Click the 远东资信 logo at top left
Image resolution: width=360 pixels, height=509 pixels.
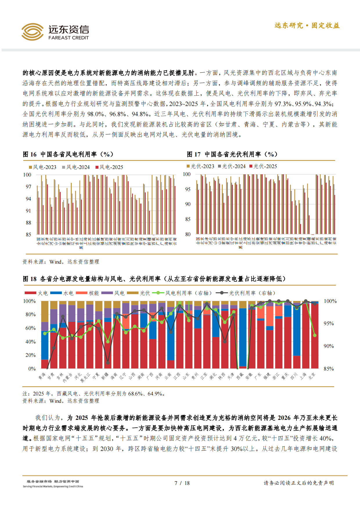[55, 32]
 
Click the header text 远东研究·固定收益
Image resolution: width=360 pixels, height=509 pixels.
[307, 26]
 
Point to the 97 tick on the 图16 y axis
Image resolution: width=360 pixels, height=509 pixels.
[28, 187]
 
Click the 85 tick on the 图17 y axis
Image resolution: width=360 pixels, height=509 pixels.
[188, 219]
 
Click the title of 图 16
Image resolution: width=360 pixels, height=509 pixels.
[68, 154]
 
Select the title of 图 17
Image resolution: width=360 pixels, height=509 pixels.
[232, 154]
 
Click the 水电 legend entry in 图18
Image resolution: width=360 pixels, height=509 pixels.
[62, 293]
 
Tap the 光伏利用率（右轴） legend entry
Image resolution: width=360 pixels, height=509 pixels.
[246, 293]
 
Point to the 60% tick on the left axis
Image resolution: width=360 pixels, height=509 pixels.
[30, 328]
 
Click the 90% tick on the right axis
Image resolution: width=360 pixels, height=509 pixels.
[329, 346]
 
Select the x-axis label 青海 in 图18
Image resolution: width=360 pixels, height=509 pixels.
[42, 376]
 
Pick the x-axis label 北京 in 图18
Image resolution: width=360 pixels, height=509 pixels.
[312, 376]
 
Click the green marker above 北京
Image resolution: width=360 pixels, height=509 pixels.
[315, 335]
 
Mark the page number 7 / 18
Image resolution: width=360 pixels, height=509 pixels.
[182, 483]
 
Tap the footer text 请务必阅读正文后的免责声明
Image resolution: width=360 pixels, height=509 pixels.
[298, 483]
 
